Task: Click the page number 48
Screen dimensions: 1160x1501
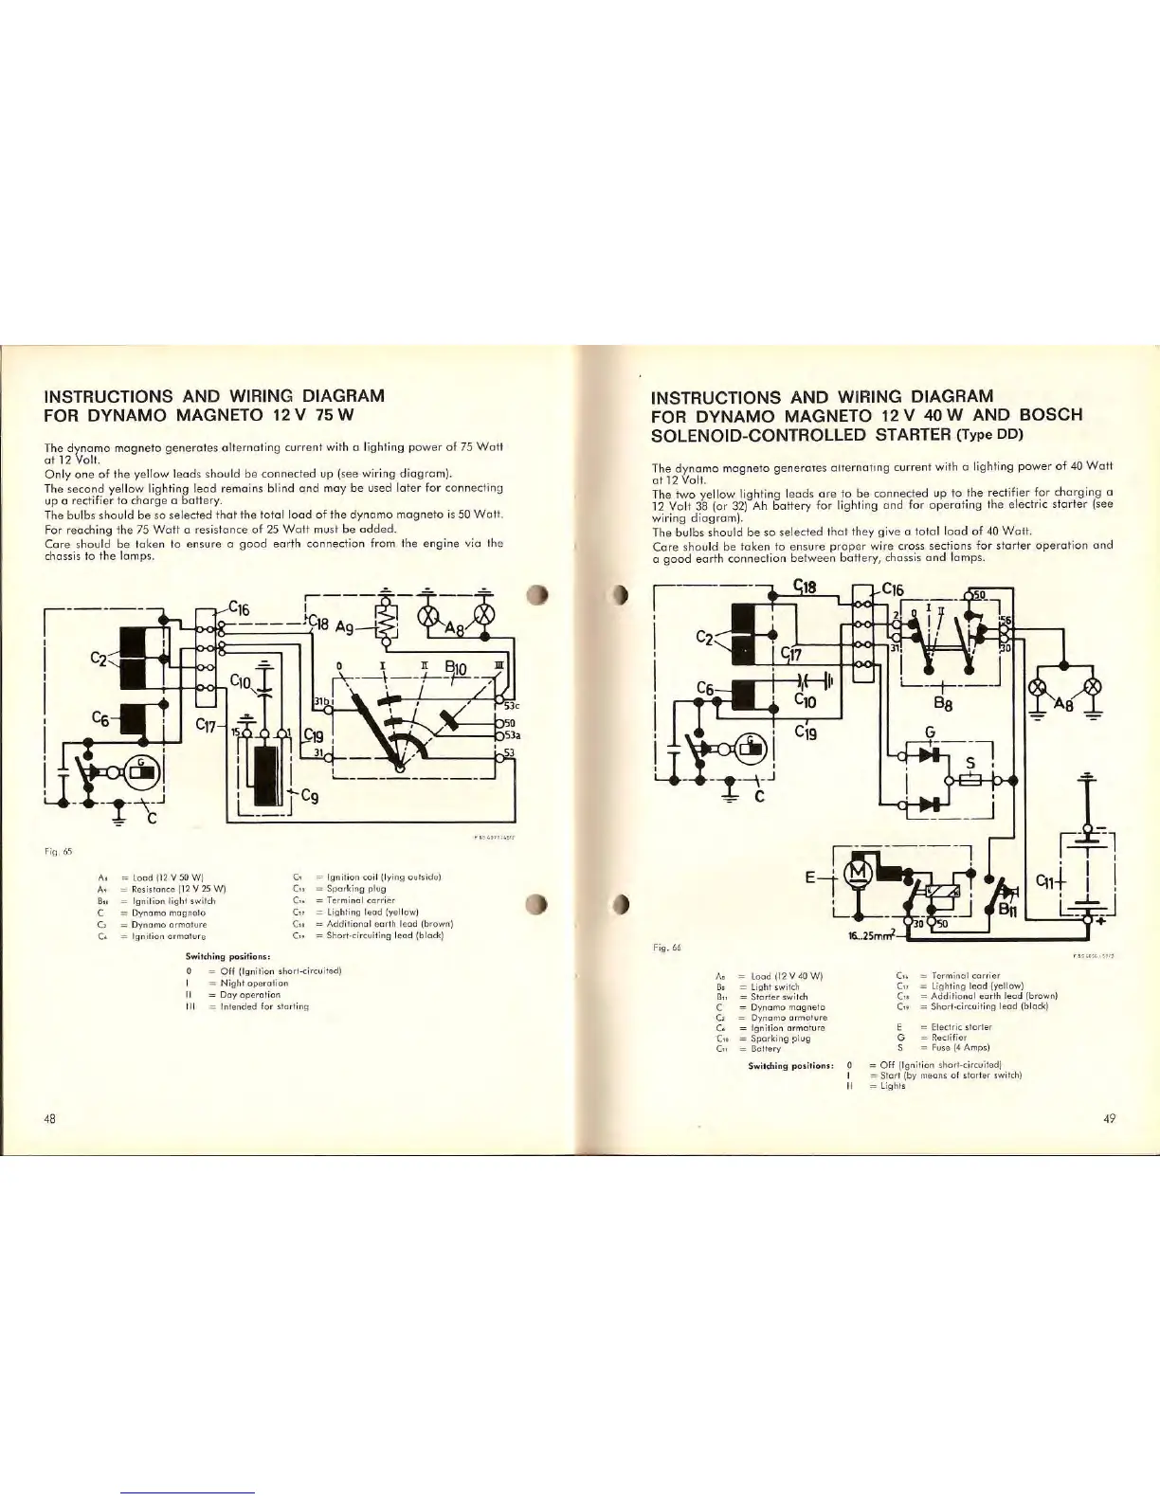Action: pos(50,1118)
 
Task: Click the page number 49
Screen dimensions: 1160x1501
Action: pos(1110,1118)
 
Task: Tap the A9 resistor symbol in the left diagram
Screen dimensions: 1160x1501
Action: pos(387,624)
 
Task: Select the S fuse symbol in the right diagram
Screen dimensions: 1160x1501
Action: pos(969,780)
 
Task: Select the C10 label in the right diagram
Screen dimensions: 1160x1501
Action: pos(806,700)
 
